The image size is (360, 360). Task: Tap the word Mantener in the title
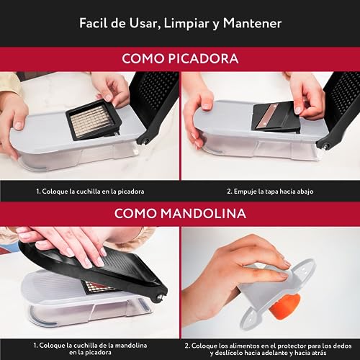pos(252,24)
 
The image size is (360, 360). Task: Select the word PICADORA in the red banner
pos(203,58)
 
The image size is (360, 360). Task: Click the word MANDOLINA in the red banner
pos(204,213)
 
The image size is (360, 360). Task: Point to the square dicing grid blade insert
pos(94,121)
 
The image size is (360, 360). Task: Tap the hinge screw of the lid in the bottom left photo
pos(160,297)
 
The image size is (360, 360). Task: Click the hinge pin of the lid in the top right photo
pos(326,145)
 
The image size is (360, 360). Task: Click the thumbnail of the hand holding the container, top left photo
pos(18,125)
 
